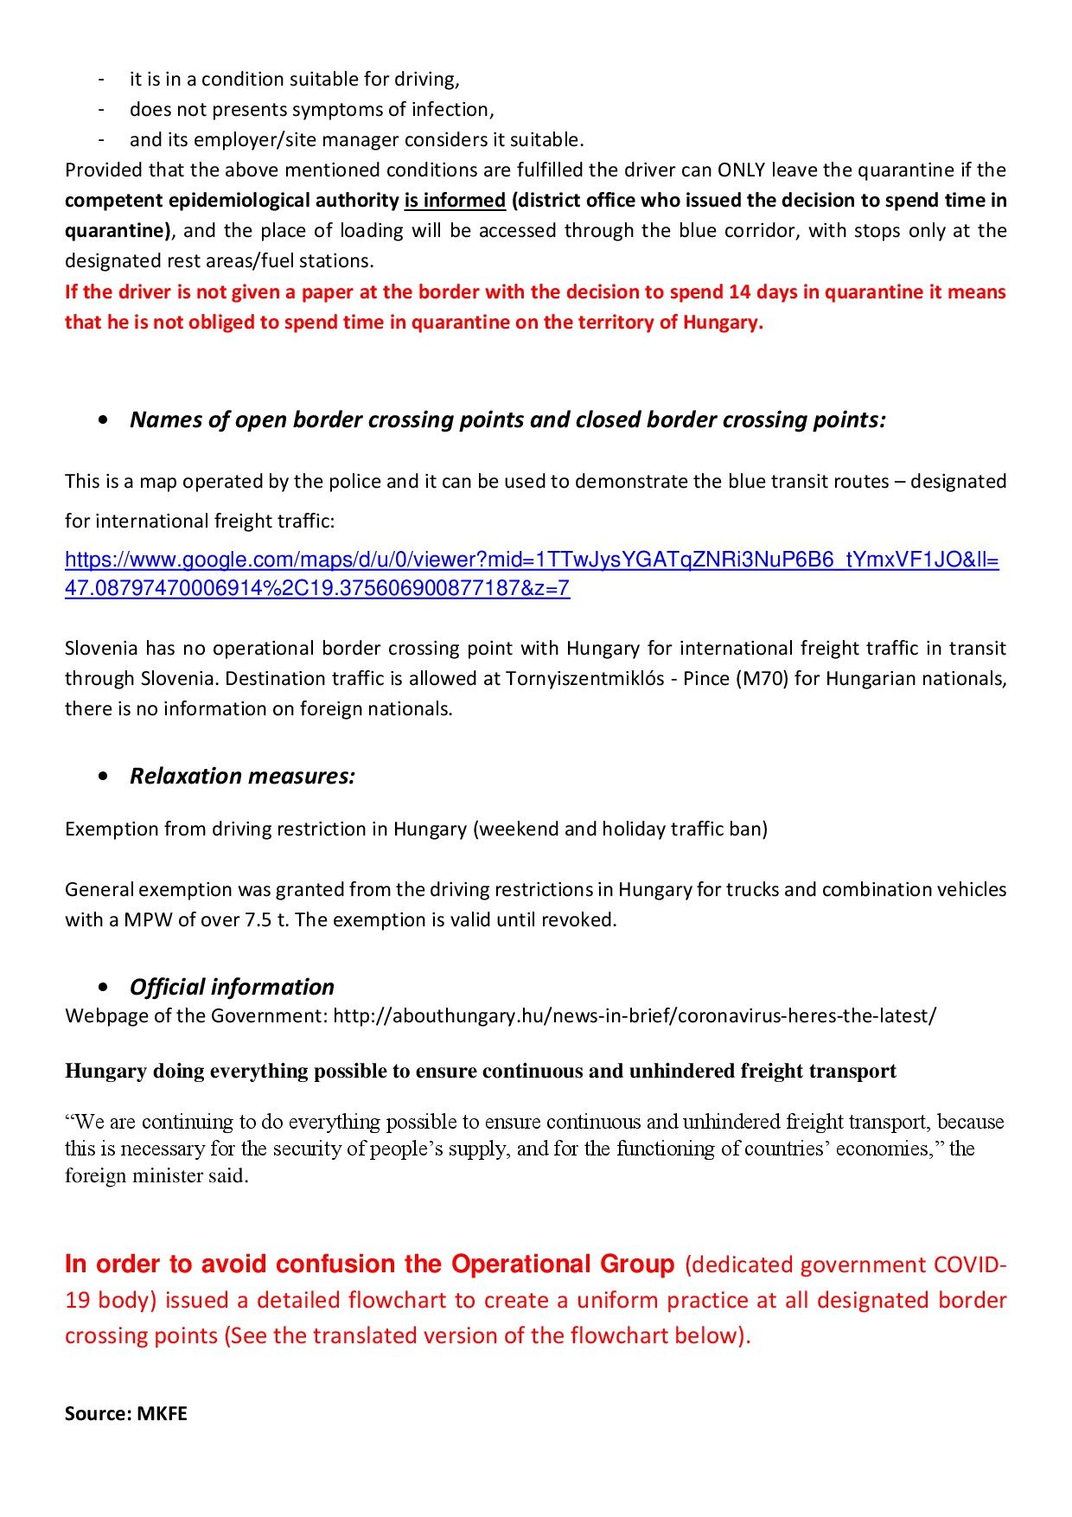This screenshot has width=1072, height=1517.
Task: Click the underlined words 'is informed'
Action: coord(455,201)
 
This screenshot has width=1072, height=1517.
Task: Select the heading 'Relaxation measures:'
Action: coord(242,776)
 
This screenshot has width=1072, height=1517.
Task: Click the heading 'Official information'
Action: coord(232,987)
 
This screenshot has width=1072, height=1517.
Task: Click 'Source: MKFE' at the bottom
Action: coord(126,1413)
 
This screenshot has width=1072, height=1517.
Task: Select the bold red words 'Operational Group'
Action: coord(562,1264)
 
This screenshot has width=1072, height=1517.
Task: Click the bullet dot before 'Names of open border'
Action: coord(104,420)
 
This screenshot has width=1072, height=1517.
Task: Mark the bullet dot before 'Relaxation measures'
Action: coord(104,777)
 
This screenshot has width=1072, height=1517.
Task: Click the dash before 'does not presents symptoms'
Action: coord(101,110)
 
